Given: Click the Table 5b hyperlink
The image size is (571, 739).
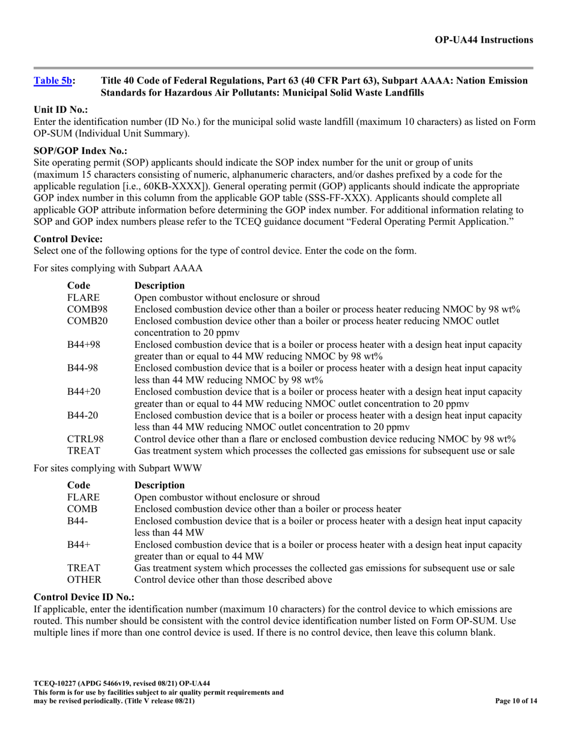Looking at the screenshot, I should (53, 81).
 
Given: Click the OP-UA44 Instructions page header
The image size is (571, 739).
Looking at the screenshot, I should (483, 40).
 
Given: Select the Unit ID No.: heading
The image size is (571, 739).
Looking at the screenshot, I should (61, 110).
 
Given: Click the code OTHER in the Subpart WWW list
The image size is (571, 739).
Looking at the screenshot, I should (84, 580).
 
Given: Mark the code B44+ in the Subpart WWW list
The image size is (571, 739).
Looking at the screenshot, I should (78, 544).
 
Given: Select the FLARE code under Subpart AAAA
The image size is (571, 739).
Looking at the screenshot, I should (83, 297).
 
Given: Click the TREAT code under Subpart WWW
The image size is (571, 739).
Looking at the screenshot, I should (83, 568).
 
